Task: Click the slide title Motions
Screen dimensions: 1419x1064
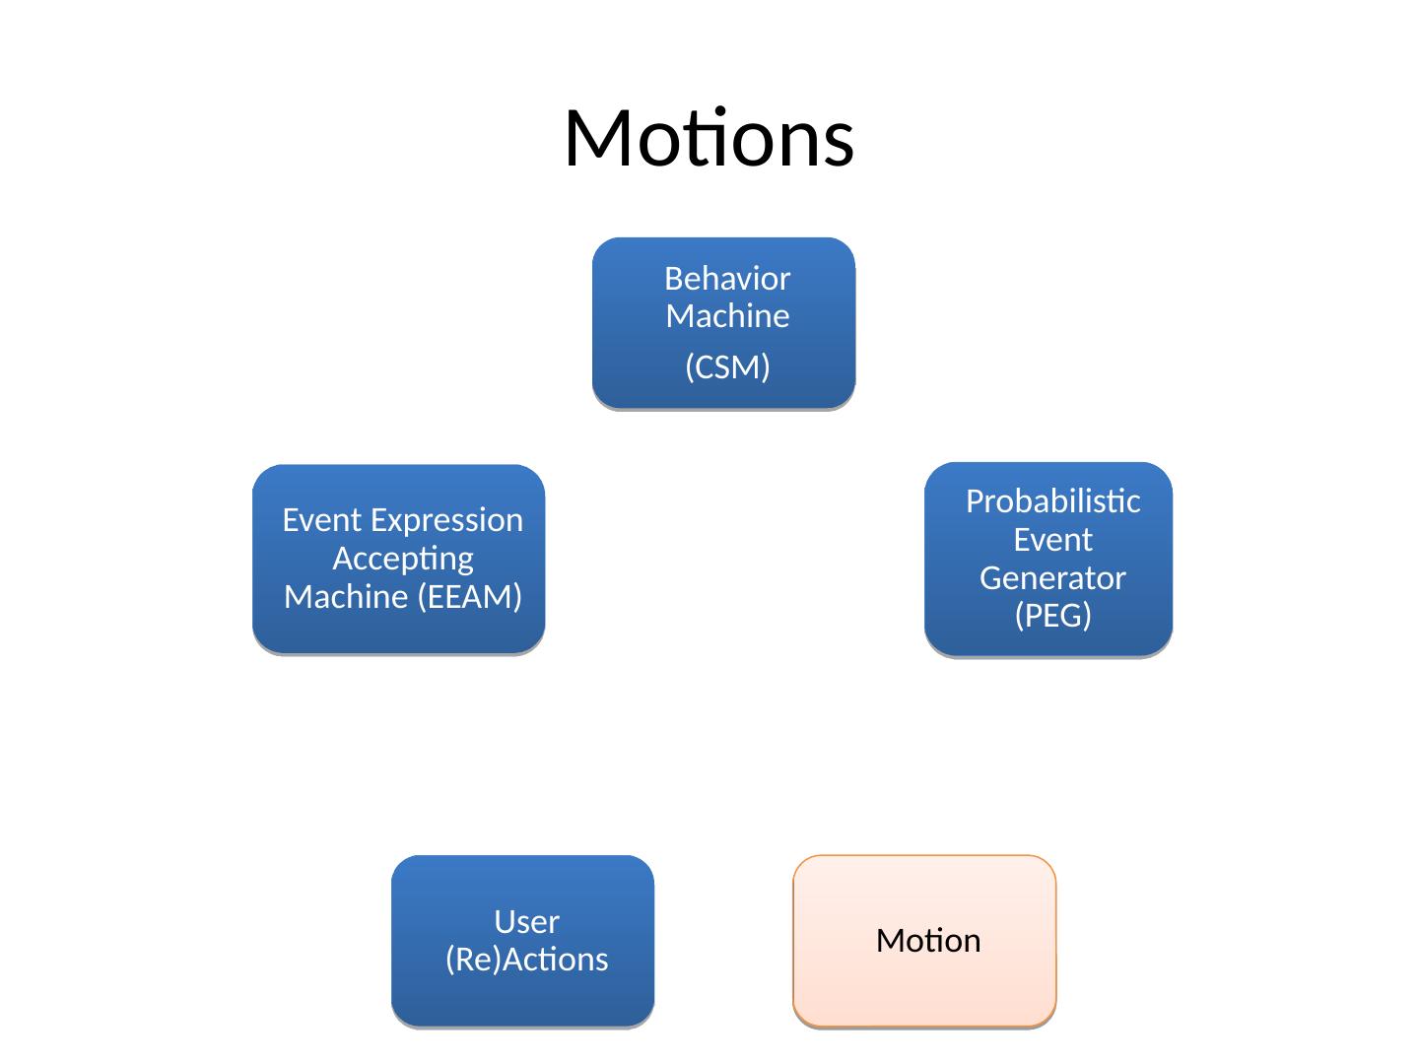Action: pyautogui.click(x=709, y=138)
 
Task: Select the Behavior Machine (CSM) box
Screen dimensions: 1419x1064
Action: pyautogui.click(x=723, y=323)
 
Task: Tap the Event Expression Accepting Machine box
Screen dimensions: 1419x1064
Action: pyautogui.click(x=398, y=559)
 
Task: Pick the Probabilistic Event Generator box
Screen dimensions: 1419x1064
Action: pyautogui.click(x=1047, y=560)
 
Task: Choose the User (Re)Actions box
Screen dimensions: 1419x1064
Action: pyautogui.click(x=522, y=941)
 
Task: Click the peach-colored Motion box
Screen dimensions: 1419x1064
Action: pyautogui.click(x=924, y=941)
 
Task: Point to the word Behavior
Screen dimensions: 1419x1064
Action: pyautogui.click(x=727, y=279)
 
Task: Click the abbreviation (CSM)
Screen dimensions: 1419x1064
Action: pyautogui.click(x=727, y=366)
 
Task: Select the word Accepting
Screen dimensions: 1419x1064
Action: pyautogui.click(x=403, y=560)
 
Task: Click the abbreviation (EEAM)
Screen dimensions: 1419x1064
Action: pyautogui.click(x=469, y=597)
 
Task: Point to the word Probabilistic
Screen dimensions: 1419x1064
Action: pyautogui.click(x=1053, y=501)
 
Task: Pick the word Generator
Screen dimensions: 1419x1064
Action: pyautogui.click(x=1052, y=578)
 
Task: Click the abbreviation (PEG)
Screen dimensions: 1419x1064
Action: pyautogui.click(x=1053, y=615)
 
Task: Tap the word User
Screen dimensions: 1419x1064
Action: pyautogui.click(x=527, y=922)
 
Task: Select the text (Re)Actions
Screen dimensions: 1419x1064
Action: pyautogui.click(x=527, y=960)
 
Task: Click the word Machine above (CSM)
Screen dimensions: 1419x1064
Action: pyautogui.click(x=727, y=316)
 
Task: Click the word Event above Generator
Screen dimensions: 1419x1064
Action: pyautogui.click(x=1053, y=540)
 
